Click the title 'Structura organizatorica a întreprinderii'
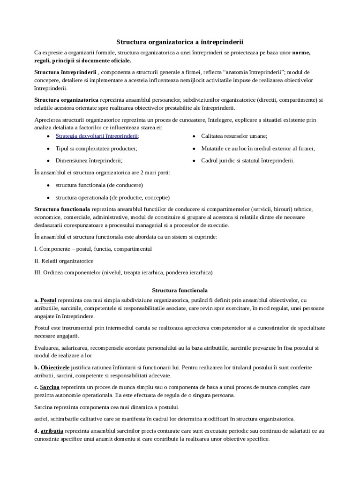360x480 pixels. click(180, 42)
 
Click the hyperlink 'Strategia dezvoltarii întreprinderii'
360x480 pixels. click(97, 136)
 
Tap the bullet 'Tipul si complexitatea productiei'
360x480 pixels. click(96, 148)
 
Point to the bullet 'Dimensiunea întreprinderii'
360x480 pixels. click(89, 160)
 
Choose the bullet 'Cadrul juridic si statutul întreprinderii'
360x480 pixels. click(248, 160)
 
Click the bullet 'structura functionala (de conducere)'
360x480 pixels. click(99, 185)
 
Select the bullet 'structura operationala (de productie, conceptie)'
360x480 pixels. click(112, 197)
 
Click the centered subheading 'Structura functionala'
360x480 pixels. click(180, 290)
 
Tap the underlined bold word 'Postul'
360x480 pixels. click(48, 300)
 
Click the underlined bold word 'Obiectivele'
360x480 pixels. click(55, 367)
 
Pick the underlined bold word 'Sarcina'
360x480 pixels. click(49, 387)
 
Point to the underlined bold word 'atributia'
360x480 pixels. click(52, 430)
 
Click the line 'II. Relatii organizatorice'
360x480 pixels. click(64, 261)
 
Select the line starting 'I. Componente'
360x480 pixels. click(93, 248)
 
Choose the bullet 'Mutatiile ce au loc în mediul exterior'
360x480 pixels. click(258, 148)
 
